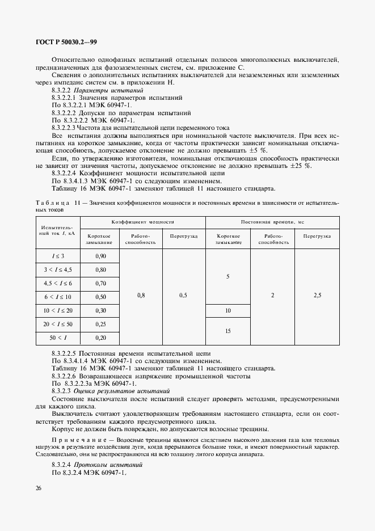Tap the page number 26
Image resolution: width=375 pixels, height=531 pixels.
pos(37,488)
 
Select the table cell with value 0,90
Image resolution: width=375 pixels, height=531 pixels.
pos(100,256)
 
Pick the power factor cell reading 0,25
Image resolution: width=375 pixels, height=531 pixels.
pos(100,324)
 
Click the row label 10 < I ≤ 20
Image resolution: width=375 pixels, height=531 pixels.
pos(58,310)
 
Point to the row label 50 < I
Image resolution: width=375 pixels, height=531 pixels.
pos(58,338)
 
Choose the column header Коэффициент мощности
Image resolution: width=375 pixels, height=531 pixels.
pos(142,222)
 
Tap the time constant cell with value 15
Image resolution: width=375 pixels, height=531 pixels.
pos(227,331)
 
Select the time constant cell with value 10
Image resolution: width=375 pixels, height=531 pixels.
pos(227,310)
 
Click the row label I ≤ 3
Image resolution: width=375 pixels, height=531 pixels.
pos(58,256)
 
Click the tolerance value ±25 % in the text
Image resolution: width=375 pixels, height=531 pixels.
pos(300,166)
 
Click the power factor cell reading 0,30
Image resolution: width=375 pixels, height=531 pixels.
pos(100,310)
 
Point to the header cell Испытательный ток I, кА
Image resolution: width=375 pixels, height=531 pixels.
pos(58,231)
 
